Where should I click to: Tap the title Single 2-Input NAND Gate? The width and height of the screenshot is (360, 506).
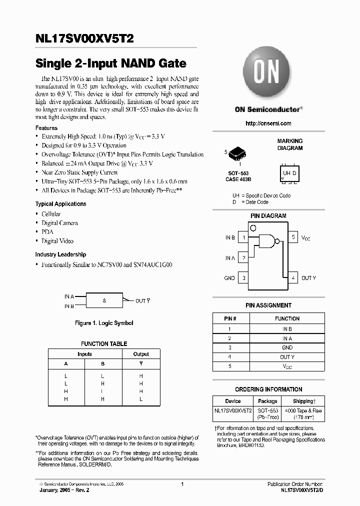[110, 64]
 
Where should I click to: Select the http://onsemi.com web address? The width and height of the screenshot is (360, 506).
[268, 123]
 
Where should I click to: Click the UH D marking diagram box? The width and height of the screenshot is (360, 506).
[289, 173]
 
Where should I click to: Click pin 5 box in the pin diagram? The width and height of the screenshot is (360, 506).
[293, 237]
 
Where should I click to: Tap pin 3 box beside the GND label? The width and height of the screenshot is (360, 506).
[243, 278]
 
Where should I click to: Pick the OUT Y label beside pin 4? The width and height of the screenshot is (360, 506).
[308, 278]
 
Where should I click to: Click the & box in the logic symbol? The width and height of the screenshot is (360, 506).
[104, 300]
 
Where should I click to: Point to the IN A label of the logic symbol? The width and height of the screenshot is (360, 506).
[69, 296]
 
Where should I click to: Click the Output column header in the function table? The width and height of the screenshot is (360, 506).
[141, 354]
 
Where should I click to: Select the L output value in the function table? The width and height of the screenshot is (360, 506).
[141, 399]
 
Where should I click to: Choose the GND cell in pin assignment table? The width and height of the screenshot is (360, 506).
[287, 347]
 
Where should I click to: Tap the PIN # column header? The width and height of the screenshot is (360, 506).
[230, 318]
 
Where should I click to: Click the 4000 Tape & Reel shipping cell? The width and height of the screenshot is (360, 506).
[302, 413]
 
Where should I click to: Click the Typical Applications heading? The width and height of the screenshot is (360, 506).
[60, 204]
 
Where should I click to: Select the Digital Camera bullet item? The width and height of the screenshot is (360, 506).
[59, 223]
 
